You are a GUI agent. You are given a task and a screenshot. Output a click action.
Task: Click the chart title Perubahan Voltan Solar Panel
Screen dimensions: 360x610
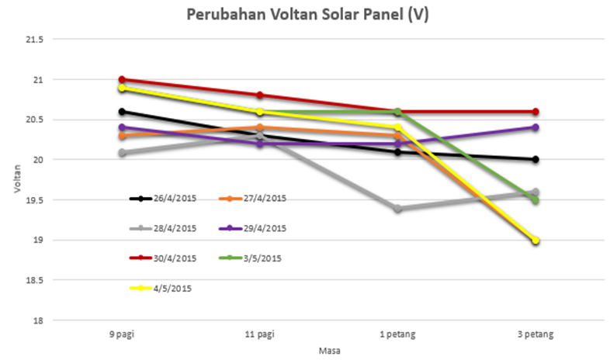click(304, 14)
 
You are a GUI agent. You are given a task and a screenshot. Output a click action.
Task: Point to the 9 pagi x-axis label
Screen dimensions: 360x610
click(123, 334)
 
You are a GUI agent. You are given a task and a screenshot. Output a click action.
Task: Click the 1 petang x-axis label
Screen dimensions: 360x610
click(398, 334)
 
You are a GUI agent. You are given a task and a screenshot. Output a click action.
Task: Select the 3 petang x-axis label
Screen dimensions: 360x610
click(535, 334)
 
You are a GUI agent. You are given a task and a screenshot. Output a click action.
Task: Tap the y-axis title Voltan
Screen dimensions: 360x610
click(16, 179)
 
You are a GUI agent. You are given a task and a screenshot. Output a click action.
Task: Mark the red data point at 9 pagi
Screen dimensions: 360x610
click(123, 79)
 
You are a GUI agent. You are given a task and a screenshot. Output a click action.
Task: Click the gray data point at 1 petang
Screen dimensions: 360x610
click(398, 209)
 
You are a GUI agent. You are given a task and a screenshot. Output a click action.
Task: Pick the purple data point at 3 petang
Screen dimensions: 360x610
click(535, 127)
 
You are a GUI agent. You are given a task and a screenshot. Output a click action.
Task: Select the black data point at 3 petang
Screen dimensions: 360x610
click(535, 160)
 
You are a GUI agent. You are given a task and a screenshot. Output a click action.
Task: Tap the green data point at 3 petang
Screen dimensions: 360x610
click(535, 200)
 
